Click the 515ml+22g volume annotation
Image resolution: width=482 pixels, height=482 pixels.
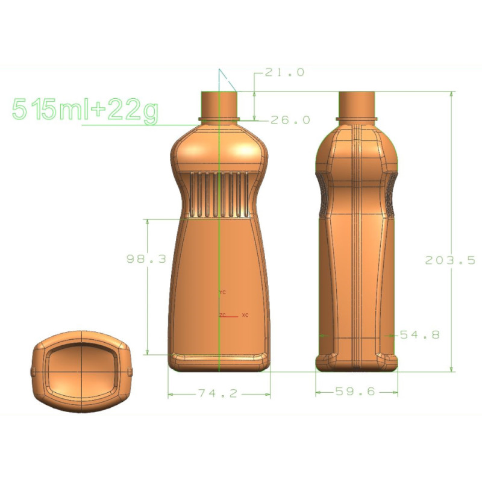click(85, 110)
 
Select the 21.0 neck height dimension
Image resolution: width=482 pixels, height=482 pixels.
click(284, 72)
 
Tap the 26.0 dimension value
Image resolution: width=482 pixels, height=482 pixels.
click(290, 120)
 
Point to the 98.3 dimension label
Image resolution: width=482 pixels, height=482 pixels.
click(146, 259)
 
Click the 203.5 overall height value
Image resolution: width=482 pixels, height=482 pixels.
click(450, 260)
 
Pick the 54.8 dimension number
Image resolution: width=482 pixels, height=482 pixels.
click(419, 334)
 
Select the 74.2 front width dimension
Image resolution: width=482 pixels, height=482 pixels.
click(218, 393)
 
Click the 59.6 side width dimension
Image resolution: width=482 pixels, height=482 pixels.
click(355, 391)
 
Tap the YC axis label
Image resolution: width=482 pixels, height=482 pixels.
click(222, 292)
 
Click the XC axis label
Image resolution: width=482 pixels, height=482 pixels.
click(245, 315)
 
